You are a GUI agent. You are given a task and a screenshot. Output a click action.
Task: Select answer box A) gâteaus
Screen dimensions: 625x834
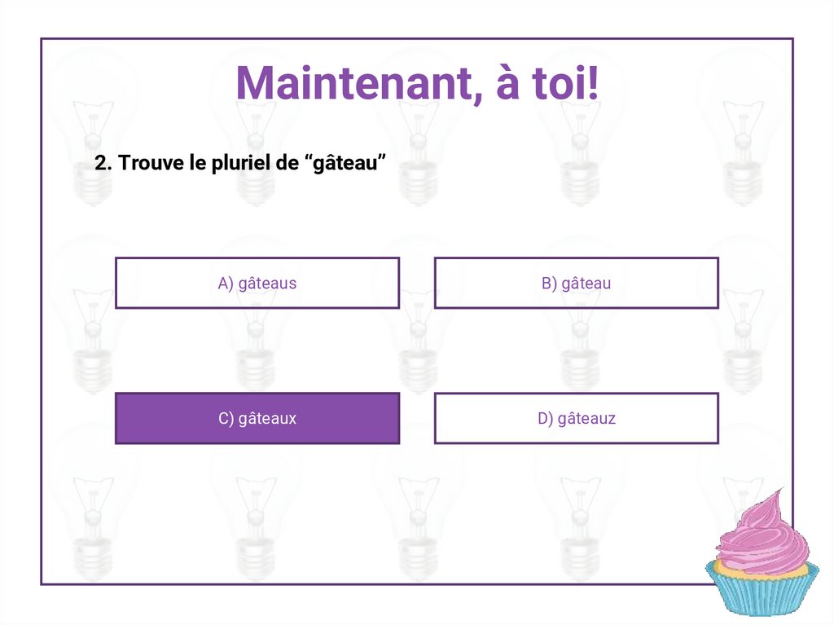coord(257,284)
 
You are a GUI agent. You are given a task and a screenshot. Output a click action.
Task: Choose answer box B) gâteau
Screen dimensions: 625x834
coord(576,284)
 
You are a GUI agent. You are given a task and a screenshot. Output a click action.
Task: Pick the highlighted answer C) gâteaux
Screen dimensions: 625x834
coord(257,419)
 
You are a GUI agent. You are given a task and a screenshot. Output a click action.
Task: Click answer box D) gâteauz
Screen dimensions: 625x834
coord(576,419)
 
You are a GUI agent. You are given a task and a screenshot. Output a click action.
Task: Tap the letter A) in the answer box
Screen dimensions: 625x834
coord(226,284)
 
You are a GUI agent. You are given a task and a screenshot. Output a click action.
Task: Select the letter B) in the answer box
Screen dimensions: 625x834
coord(549,284)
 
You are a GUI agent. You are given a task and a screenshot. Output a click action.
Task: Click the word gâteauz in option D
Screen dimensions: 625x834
coord(587,419)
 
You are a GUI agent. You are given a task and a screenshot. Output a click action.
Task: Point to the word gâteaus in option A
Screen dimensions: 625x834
coord(268,284)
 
